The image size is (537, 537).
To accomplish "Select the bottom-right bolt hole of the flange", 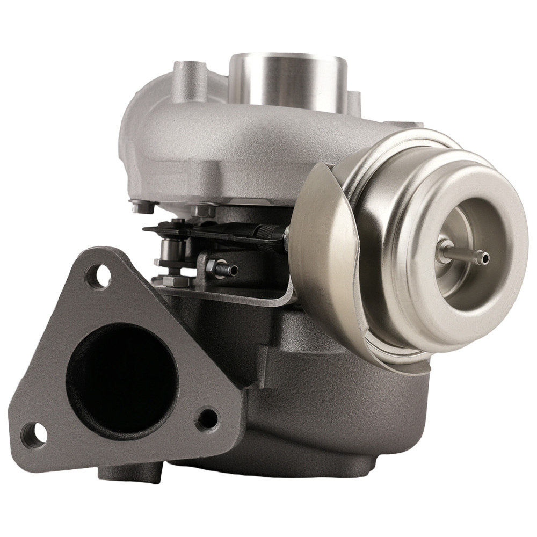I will pyautogui.click(x=207, y=419).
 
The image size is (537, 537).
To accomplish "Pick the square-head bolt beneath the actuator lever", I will pyautogui.click(x=177, y=279).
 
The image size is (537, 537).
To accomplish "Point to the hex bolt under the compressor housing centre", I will pyautogui.click(x=203, y=211).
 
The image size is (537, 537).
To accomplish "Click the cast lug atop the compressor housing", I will pyautogui.click(x=188, y=81).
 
